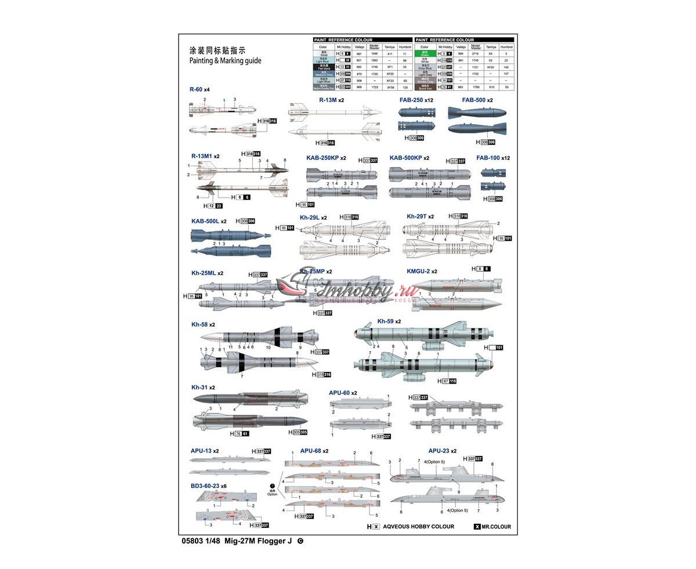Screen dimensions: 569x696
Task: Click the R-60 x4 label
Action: [x=199, y=90]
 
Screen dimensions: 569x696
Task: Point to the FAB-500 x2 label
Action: [x=477, y=100]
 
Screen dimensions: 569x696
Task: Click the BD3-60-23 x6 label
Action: [x=208, y=486]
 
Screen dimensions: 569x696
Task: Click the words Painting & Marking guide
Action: [x=225, y=60]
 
